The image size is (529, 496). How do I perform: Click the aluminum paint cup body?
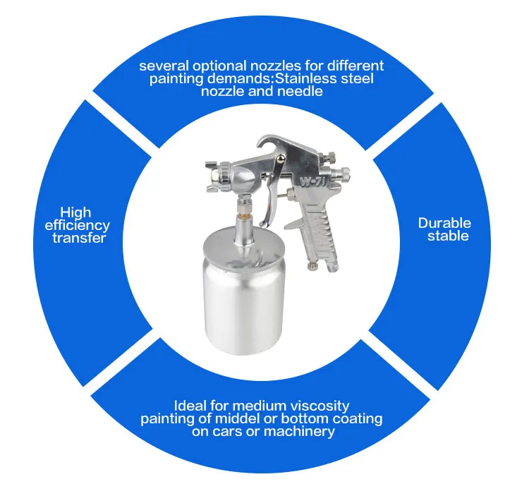click(x=243, y=296)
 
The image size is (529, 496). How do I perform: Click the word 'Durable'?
click(x=444, y=223)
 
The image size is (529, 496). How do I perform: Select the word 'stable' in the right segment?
click(x=448, y=236)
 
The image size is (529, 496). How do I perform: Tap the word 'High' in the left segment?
click(x=75, y=212)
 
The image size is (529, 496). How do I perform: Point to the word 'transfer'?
click(x=79, y=238)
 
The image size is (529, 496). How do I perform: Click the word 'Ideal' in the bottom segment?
click(x=191, y=406)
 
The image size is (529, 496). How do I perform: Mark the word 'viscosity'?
click(x=317, y=406)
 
